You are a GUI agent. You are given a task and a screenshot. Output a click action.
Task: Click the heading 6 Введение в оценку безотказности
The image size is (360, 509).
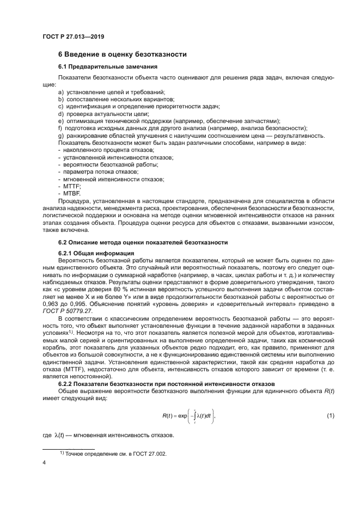tap(123, 54)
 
